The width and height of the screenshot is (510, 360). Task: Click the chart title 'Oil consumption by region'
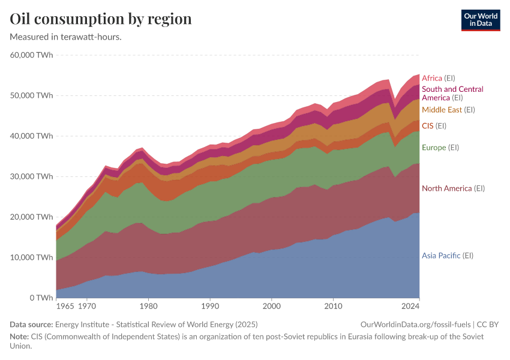point(101,19)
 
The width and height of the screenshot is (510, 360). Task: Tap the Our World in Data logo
point(480,20)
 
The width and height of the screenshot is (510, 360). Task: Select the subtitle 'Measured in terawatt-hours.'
point(66,37)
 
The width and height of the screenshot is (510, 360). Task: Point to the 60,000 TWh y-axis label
point(31,55)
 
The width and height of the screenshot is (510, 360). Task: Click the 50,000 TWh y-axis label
point(31,95)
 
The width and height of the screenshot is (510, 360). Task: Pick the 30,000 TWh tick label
point(31,176)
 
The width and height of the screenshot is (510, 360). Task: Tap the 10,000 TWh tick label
point(31,257)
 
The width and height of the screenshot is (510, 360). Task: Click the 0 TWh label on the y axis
point(40,298)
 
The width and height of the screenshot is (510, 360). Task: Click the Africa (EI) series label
point(439,78)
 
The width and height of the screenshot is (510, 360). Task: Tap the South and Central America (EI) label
point(452,93)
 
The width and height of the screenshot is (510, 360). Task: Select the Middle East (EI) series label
point(448,110)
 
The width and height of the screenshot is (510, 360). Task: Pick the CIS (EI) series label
point(434,126)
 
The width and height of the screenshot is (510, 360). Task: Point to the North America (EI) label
point(453,188)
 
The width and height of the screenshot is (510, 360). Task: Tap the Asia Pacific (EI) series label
point(447,256)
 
